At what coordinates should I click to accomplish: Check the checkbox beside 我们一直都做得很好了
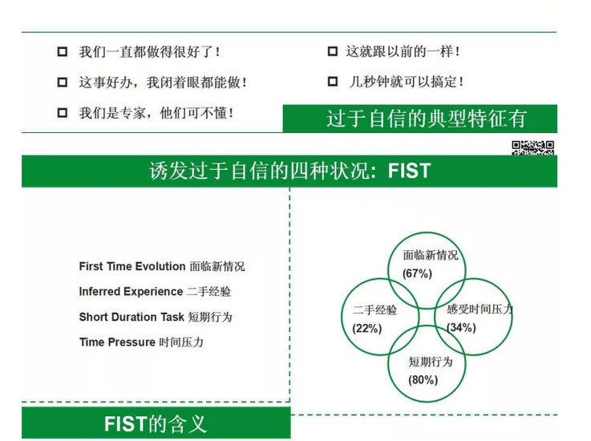(63, 51)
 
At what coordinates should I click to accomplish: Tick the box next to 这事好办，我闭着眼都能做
(63, 82)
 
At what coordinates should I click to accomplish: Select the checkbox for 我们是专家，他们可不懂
(63, 113)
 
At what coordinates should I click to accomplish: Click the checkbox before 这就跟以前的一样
(333, 51)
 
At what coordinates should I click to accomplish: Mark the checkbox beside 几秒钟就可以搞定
(333, 82)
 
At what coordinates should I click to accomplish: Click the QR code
(532, 148)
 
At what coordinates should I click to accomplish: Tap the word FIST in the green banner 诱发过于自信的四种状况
(409, 171)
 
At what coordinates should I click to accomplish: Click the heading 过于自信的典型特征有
(427, 119)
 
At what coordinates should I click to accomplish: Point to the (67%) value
(417, 273)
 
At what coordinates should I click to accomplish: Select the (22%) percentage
(367, 328)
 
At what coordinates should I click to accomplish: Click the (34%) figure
(461, 327)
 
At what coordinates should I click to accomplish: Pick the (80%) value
(423, 379)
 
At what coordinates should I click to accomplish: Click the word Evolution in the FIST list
(160, 266)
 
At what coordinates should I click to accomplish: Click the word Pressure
(132, 342)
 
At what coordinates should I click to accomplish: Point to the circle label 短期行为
(431, 362)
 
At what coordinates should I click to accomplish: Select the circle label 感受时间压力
(480, 310)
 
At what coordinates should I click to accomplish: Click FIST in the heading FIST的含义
(125, 424)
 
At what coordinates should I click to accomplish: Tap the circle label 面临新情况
(431, 255)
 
